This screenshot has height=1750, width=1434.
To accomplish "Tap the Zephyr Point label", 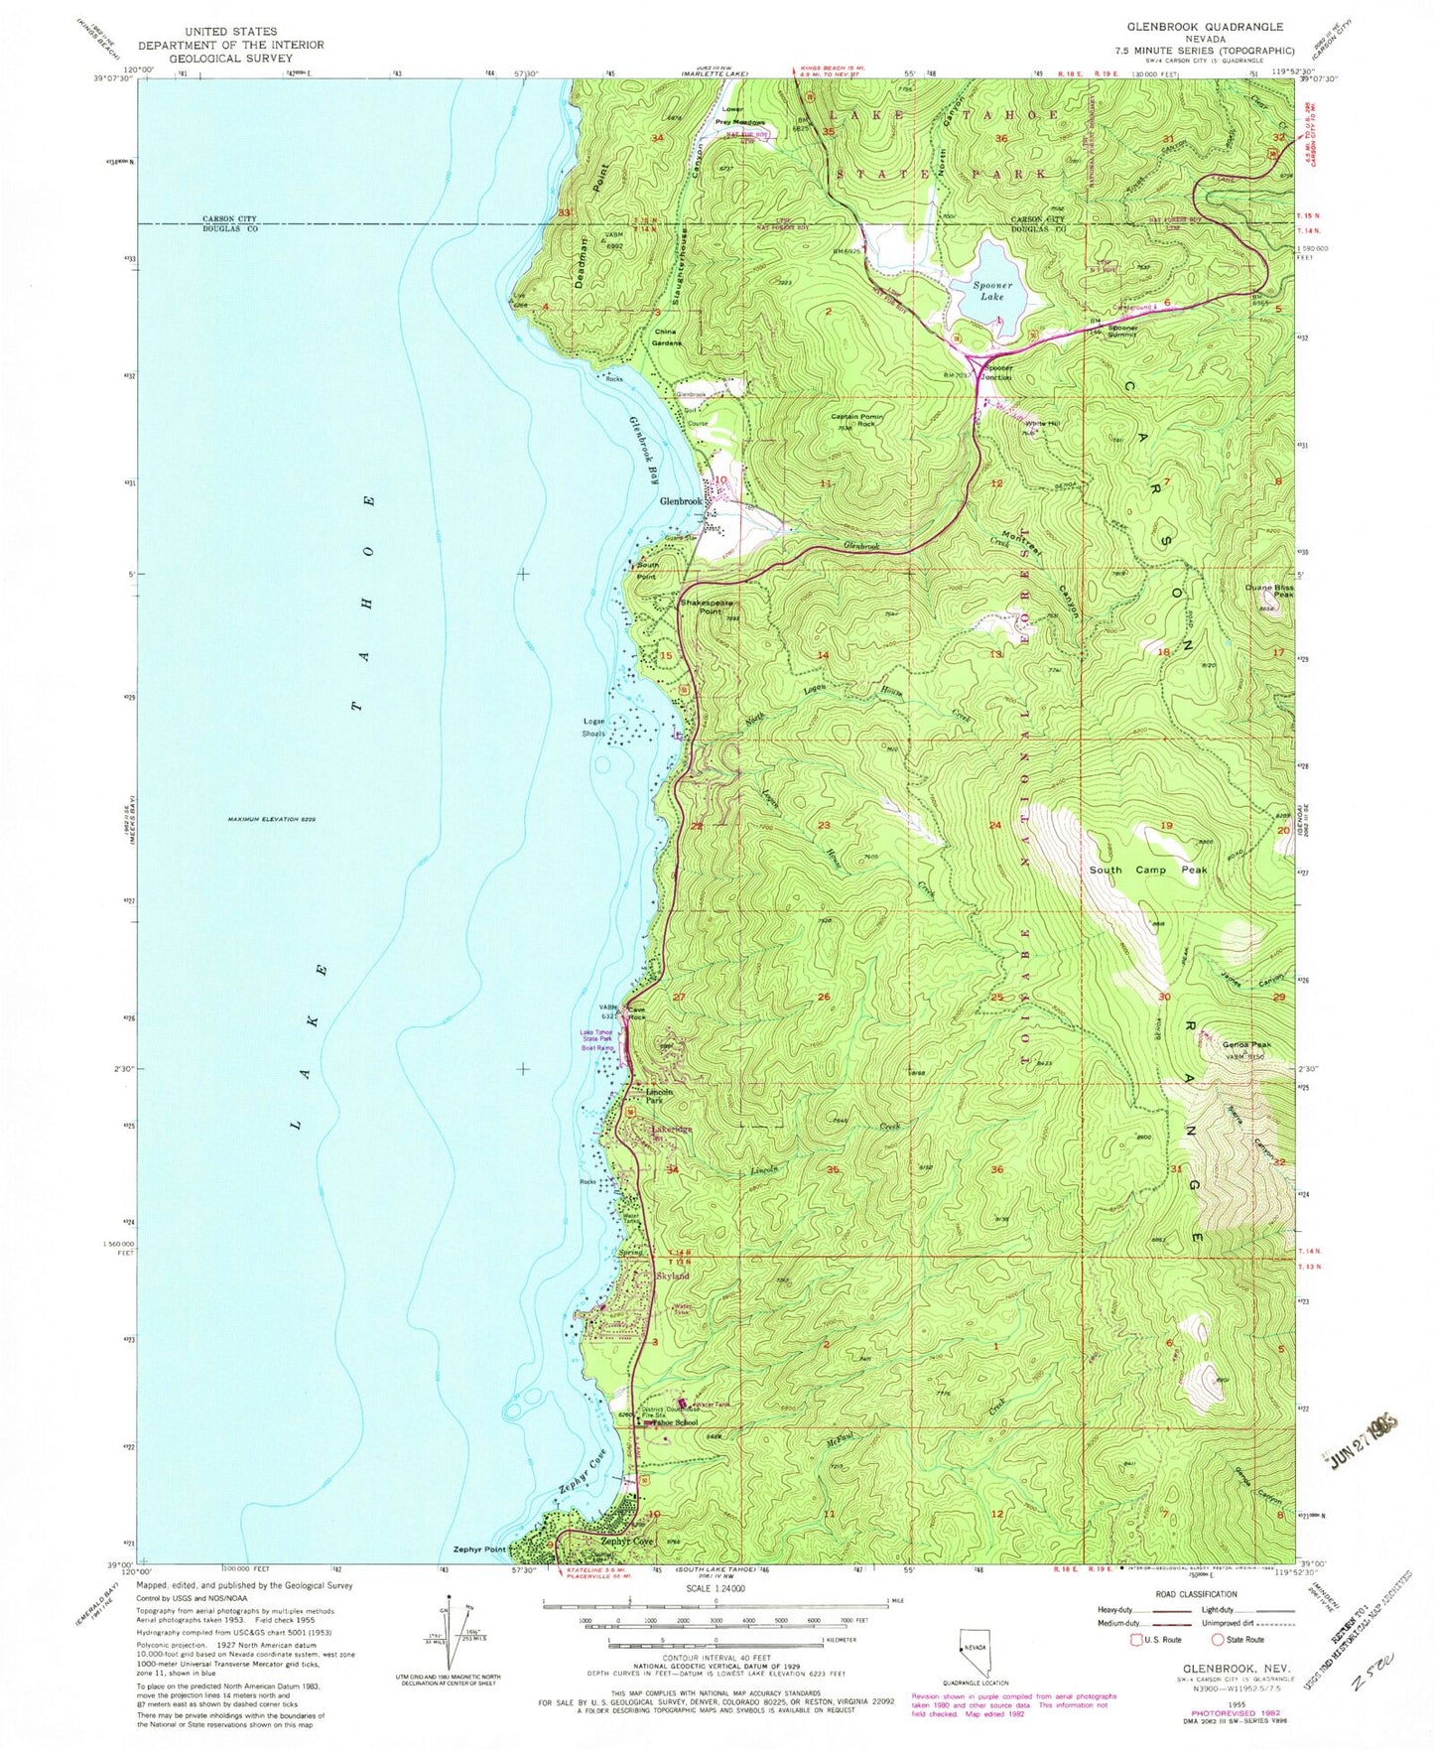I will (x=480, y=1549).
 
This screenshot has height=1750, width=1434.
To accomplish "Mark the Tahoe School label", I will (x=674, y=1422).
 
